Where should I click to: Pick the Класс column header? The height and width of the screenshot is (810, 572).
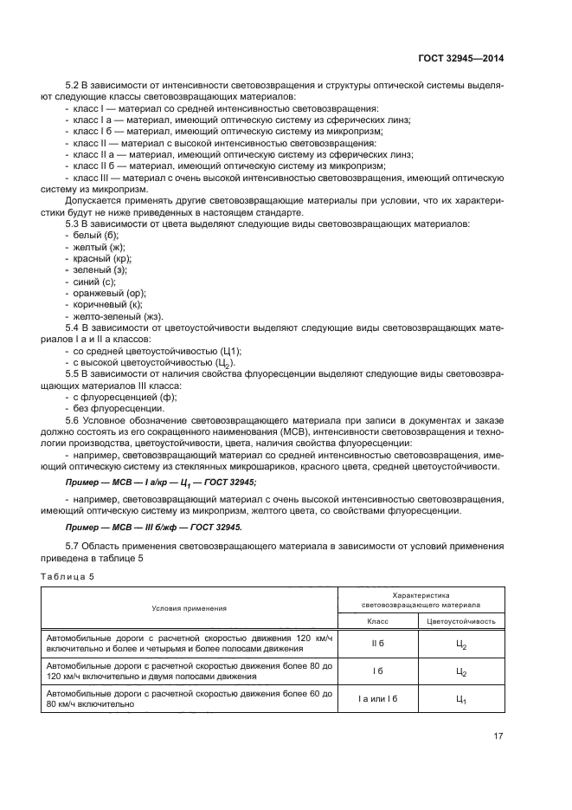click(377, 621)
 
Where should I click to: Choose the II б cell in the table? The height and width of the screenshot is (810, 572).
click(377, 645)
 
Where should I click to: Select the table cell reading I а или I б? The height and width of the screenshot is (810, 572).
click(377, 698)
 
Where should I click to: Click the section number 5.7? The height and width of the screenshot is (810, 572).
click(74, 546)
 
